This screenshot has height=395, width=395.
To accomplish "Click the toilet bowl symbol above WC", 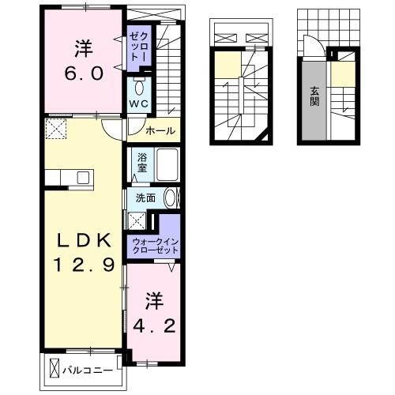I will [x=138, y=84].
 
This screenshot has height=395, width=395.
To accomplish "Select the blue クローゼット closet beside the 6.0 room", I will [x=140, y=47].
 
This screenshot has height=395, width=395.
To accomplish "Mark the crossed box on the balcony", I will [x=55, y=367].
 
